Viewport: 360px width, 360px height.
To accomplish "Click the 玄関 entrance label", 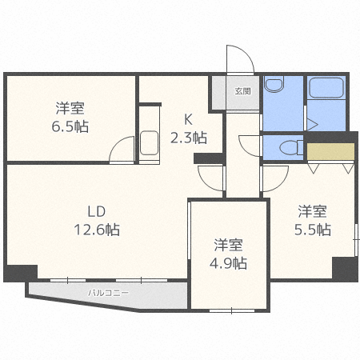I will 242,91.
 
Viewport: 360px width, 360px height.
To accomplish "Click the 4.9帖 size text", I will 230,262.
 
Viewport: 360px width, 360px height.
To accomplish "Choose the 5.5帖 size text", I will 313,230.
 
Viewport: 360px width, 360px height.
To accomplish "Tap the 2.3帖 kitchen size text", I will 188,138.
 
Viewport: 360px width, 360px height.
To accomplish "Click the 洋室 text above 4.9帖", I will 229,245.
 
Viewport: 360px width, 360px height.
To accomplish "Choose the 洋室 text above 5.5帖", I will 313,211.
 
